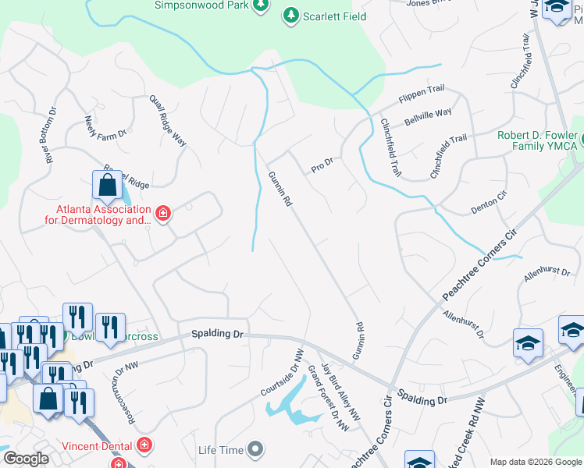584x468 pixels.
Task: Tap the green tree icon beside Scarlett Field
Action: point(290,15)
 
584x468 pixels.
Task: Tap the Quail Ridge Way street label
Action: point(168,121)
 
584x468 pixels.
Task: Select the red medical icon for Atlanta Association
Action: point(162,214)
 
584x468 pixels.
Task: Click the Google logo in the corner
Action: point(27,459)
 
